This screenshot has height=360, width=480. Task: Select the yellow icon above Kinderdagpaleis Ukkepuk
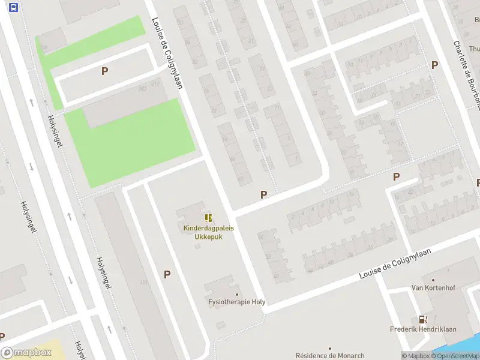[208, 218]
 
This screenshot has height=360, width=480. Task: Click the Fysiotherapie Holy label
[236, 302]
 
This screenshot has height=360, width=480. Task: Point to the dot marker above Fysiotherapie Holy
[236, 295]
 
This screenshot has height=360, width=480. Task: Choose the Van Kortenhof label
[433, 288]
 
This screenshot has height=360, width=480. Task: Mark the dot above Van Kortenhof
[433, 280]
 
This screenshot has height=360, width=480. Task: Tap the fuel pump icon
[423, 320]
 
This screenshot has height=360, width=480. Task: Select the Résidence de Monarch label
[329, 356]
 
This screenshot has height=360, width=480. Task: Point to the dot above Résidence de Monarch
[329, 348]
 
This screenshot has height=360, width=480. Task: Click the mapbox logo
[26, 353]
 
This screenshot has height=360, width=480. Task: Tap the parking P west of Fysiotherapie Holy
[167, 274]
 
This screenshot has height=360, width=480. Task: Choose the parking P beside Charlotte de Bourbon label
[434, 65]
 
